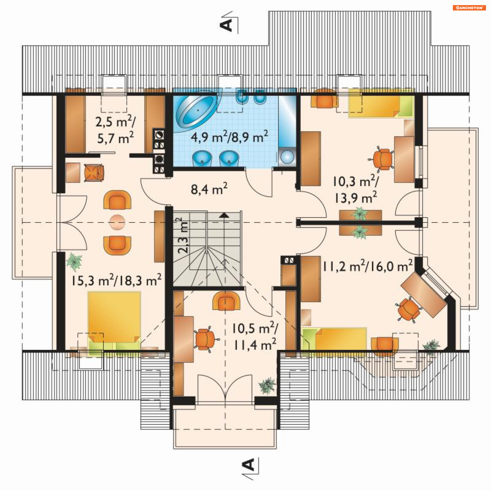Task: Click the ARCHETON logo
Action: [x=469, y=8]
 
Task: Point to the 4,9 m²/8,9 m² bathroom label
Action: [x=229, y=137]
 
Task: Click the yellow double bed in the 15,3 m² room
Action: [x=114, y=320]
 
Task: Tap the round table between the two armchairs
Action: [x=117, y=222]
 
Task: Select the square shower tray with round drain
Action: [x=288, y=157]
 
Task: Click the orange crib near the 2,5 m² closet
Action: [x=94, y=173]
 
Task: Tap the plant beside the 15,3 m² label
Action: [x=74, y=262]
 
